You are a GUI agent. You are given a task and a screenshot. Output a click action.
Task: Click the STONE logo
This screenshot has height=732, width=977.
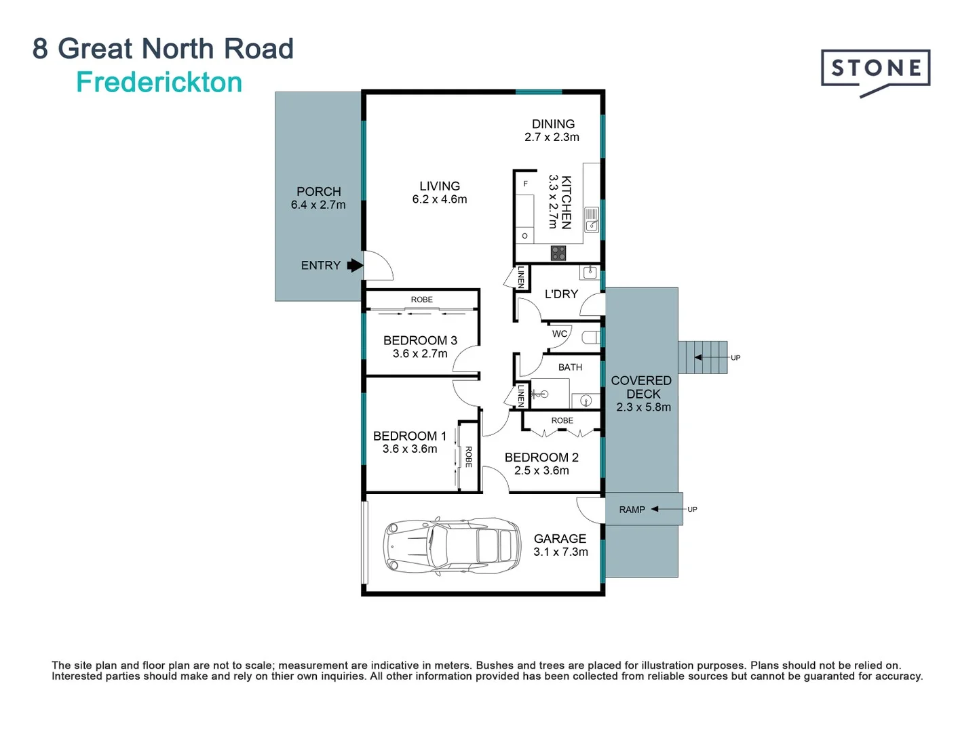tap(875, 70)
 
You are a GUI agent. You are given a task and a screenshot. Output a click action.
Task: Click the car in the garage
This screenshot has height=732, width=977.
tap(452, 546)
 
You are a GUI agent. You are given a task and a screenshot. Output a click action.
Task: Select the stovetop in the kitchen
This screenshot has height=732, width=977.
tap(558, 253)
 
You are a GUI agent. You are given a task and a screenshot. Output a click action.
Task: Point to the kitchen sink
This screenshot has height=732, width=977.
tap(592, 220)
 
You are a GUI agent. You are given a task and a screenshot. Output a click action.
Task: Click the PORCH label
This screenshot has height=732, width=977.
tap(319, 192)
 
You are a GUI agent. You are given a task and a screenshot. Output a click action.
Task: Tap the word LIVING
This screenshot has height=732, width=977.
tap(440, 186)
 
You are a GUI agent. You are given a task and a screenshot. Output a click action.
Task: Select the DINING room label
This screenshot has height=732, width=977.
tap(553, 124)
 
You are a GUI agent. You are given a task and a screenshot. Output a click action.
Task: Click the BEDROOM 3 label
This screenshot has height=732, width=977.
tap(420, 340)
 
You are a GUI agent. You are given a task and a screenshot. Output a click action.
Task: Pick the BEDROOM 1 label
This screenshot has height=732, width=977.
tap(410, 436)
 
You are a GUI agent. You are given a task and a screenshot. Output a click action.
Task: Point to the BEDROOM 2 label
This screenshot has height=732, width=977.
tap(541, 457)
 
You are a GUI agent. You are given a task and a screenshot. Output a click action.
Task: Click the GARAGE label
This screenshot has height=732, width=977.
tap(560, 539)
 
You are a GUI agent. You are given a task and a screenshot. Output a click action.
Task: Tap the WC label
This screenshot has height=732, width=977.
tap(560, 333)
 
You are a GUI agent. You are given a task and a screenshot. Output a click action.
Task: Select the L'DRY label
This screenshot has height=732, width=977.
tap(561, 294)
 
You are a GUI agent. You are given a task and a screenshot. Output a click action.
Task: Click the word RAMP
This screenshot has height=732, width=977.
tap(632, 510)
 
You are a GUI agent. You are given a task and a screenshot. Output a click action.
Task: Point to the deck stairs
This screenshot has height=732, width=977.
tap(702, 357)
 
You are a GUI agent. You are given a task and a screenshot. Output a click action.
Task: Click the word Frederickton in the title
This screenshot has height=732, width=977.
tap(159, 83)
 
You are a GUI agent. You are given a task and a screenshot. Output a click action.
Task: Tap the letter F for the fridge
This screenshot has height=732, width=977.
tap(525, 184)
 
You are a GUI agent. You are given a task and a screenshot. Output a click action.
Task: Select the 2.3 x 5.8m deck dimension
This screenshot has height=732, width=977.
tap(643, 407)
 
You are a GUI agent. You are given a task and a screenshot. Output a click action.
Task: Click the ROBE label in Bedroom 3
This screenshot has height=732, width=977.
tap(421, 300)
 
